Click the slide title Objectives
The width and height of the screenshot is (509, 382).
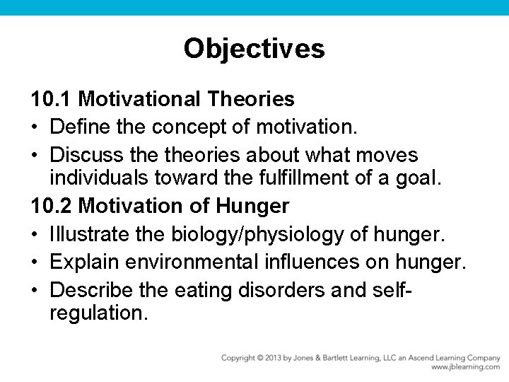254,49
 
